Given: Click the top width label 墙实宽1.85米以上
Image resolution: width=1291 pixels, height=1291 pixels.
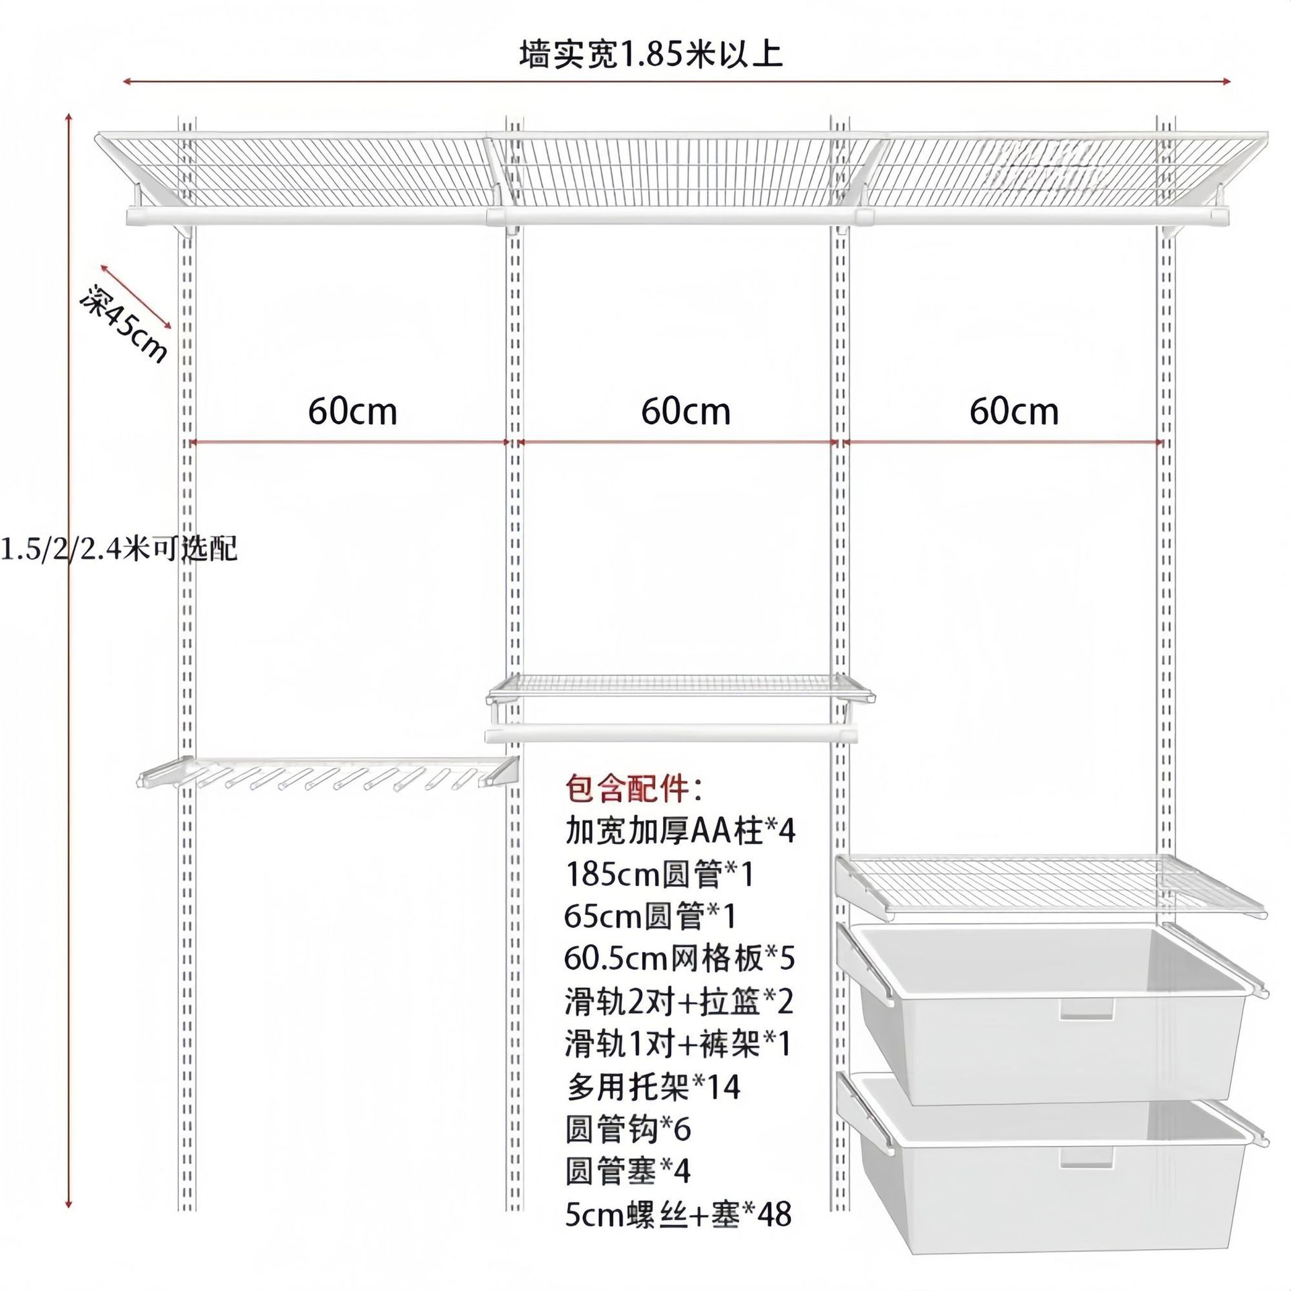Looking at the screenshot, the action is tap(651, 55).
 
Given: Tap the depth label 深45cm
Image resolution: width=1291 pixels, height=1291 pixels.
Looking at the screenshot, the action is tap(124, 324).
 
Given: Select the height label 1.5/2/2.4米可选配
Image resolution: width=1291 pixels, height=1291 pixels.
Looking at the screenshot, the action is tap(118, 549).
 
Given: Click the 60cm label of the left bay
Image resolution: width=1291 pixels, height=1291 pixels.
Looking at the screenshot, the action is tap(352, 412).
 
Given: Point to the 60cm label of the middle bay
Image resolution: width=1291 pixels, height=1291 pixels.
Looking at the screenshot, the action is tap(685, 412).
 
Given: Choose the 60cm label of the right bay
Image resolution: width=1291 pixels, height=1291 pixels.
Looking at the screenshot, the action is tap(1013, 412).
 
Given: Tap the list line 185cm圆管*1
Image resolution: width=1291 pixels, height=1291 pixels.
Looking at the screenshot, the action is tap(660, 874).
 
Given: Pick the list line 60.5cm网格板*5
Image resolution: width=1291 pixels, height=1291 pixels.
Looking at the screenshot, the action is tap(679, 959).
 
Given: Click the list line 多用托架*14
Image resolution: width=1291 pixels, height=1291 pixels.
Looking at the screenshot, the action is tap(652, 1087).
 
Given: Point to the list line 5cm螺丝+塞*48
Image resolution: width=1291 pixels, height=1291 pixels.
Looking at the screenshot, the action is tap(678, 1214).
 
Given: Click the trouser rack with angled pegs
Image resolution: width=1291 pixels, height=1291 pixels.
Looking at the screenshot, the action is tap(329, 775).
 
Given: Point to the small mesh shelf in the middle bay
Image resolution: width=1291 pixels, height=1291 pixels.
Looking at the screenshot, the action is tap(680, 689).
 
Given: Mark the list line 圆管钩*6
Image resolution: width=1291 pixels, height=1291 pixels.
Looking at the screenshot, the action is tap(628, 1130).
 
